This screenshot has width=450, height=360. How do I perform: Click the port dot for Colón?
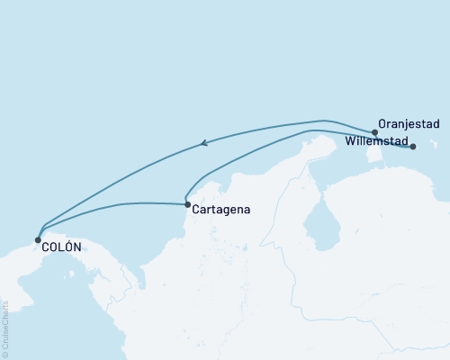pyautogui.click(x=38, y=240)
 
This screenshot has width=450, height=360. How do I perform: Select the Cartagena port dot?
pyautogui.click(x=187, y=205)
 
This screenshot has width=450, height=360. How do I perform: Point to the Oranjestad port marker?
pyautogui.click(x=375, y=132)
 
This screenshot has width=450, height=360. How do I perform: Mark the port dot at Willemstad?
pyautogui.click(x=413, y=146)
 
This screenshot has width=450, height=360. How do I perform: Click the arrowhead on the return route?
pyautogui.click(x=205, y=141)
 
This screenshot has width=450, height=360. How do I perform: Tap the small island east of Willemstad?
pyautogui.click(x=436, y=148)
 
